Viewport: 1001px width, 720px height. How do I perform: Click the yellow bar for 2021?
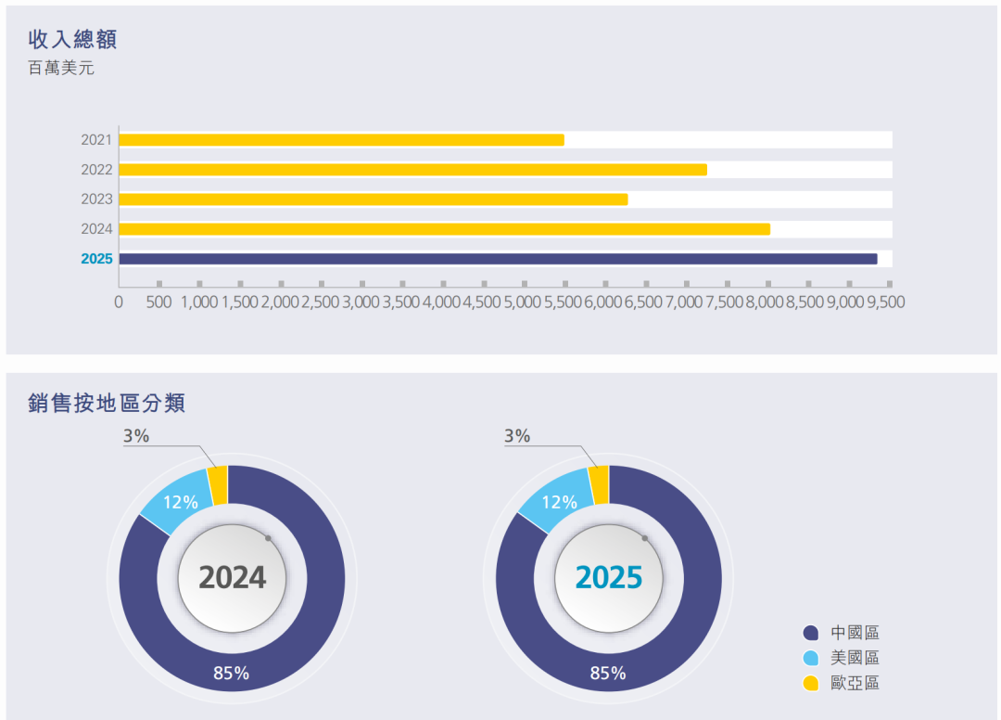point(341,140)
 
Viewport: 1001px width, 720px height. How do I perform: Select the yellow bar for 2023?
point(373,199)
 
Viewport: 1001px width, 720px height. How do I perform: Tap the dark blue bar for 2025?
point(498,259)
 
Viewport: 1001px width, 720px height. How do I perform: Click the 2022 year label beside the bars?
point(96,170)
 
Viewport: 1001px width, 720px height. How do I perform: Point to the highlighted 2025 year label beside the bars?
point(96,259)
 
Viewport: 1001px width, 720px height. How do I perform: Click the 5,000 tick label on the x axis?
point(524,302)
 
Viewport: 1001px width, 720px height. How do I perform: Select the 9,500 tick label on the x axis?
point(886,302)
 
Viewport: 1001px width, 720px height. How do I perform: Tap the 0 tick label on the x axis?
point(119,302)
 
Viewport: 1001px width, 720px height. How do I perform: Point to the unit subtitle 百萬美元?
point(61,69)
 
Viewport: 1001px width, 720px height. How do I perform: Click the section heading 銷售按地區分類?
point(107,403)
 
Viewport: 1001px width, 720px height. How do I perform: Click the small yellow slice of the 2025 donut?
point(599,484)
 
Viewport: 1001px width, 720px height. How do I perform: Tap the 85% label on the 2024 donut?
point(231,674)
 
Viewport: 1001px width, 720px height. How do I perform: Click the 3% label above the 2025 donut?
point(517,436)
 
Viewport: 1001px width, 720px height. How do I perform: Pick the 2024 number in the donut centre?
point(232,577)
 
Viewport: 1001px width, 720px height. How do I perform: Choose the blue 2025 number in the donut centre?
point(609,577)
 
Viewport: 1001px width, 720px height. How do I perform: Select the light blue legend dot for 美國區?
point(811,659)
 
